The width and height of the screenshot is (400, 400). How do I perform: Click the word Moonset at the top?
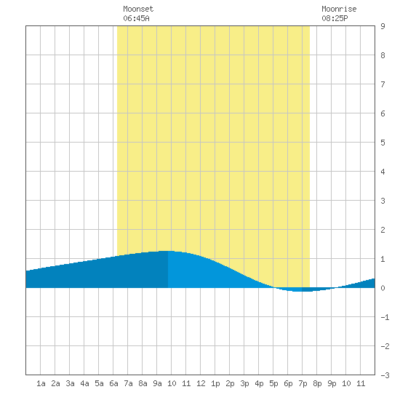point(138,9)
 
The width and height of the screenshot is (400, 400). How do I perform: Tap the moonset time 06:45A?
point(136,18)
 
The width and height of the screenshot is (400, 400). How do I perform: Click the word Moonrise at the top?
point(339,9)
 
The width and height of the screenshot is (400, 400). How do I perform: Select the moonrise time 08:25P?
point(335,18)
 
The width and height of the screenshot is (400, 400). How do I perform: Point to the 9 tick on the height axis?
point(383,26)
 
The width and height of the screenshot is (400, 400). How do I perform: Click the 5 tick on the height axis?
point(383,143)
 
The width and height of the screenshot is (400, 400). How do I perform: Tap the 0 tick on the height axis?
point(383,288)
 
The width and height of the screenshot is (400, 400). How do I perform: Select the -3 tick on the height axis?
point(385,375)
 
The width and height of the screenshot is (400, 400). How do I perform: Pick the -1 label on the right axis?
point(385,317)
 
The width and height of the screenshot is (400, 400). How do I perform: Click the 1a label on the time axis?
point(41,383)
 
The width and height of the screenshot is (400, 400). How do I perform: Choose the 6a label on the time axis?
point(113,383)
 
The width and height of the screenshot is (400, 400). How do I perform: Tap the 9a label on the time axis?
point(157,383)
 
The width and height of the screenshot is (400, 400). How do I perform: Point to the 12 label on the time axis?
point(201,383)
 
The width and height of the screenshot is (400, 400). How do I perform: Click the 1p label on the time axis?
point(215,384)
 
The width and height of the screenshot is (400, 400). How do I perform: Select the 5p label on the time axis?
point(273,384)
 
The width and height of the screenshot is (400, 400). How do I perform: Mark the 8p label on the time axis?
point(317,384)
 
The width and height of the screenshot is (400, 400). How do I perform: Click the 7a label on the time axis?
point(128,383)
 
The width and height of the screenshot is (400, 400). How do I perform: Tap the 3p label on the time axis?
point(244,384)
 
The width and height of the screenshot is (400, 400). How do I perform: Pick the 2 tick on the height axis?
point(383,230)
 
